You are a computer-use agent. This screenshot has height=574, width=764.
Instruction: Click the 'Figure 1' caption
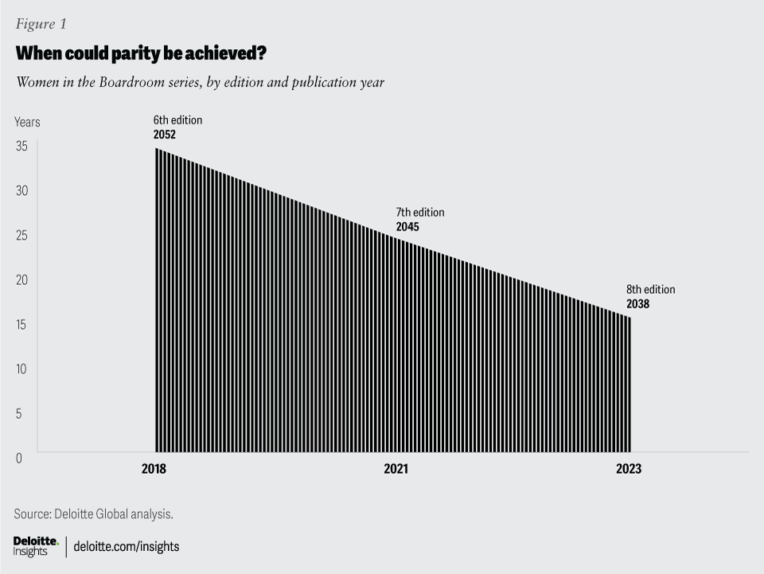(x=40, y=24)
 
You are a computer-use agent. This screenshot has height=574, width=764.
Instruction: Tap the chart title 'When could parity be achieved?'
(x=141, y=54)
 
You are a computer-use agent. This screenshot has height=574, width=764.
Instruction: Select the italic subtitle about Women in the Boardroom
(x=200, y=82)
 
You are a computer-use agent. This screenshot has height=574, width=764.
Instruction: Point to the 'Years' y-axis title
(x=27, y=122)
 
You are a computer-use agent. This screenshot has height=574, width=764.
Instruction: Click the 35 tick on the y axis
(x=21, y=146)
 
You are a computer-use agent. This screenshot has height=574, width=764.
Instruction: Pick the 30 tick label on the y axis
(x=21, y=191)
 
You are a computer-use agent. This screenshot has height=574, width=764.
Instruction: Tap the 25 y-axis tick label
(x=21, y=236)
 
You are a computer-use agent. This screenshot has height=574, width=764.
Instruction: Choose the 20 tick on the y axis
(x=21, y=280)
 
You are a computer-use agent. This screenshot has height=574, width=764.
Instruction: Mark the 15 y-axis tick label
(x=21, y=324)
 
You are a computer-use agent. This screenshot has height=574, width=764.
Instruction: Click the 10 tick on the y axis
(x=21, y=369)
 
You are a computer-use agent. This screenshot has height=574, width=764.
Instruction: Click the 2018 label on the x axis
(x=154, y=470)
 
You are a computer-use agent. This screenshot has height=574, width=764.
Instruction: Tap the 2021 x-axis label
(x=396, y=470)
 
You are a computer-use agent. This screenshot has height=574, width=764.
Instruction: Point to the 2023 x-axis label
(x=628, y=470)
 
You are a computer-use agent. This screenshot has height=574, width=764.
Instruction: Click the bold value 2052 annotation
(x=165, y=135)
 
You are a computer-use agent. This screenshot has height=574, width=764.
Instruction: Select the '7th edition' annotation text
(x=419, y=213)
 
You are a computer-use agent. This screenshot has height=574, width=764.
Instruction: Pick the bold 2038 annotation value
(x=637, y=304)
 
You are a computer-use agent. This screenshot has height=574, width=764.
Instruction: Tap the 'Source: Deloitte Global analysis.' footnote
(x=93, y=514)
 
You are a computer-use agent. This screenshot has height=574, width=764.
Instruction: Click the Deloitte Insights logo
(x=36, y=546)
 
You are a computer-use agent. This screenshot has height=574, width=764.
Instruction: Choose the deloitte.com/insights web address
(x=127, y=547)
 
